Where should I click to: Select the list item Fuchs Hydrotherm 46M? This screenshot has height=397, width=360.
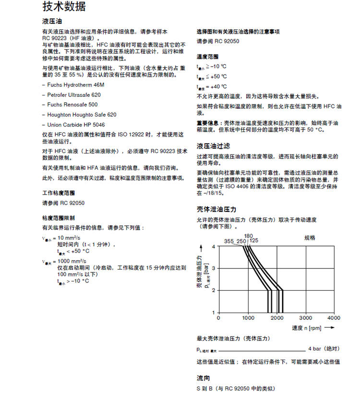(75, 84)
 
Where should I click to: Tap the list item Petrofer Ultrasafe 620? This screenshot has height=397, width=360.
(74, 94)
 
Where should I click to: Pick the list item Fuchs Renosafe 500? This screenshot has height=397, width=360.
(72, 105)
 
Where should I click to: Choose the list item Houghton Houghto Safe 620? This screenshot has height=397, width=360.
(82, 115)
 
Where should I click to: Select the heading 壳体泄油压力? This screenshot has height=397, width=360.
(216, 210)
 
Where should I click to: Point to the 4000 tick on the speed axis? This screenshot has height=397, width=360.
(334, 318)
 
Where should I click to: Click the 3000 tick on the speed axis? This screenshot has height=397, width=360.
(305, 318)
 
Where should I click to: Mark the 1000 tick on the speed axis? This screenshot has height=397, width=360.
(248, 318)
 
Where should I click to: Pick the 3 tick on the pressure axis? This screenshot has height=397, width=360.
(214, 269)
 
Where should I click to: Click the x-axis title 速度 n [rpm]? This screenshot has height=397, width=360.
(306, 328)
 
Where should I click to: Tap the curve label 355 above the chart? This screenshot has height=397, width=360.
(229, 241)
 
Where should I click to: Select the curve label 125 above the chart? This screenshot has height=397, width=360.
(254, 241)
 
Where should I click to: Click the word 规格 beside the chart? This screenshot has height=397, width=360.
(310, 238)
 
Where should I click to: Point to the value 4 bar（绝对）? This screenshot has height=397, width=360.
(324, 349)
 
